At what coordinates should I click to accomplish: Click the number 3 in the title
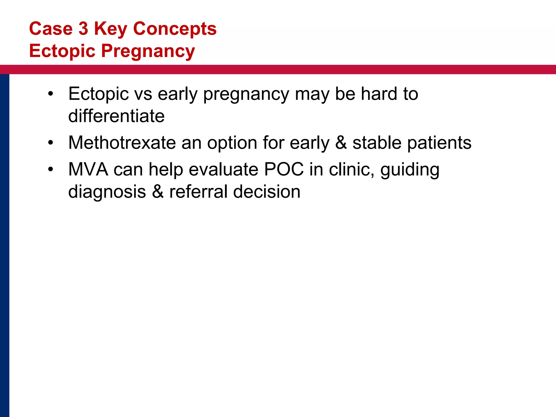(x=83, y=29)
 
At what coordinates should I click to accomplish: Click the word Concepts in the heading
(x=175, y=29)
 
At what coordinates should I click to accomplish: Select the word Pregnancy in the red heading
(x=148, y=51)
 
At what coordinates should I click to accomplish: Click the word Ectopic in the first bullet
(x=99, y=94)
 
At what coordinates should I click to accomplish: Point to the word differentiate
(x=116, y=116)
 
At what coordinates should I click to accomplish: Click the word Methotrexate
(x=122, y=143)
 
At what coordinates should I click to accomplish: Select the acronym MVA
(x=88, y=169)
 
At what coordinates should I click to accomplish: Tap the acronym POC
(x=284, y=169)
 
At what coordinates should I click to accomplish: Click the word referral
(x=198, y=192)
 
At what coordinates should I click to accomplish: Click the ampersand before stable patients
(x=341, y=143)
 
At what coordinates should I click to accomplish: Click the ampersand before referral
(x=158, y=192)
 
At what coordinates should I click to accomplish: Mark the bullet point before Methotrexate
(x=50, y=143)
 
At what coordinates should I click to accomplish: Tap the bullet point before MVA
(x=50, y=170)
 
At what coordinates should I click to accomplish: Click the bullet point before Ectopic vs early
(x=50, y=94)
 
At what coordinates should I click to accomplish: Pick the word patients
(x=439, y=143)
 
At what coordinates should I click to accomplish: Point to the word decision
(x=267, y=192)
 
